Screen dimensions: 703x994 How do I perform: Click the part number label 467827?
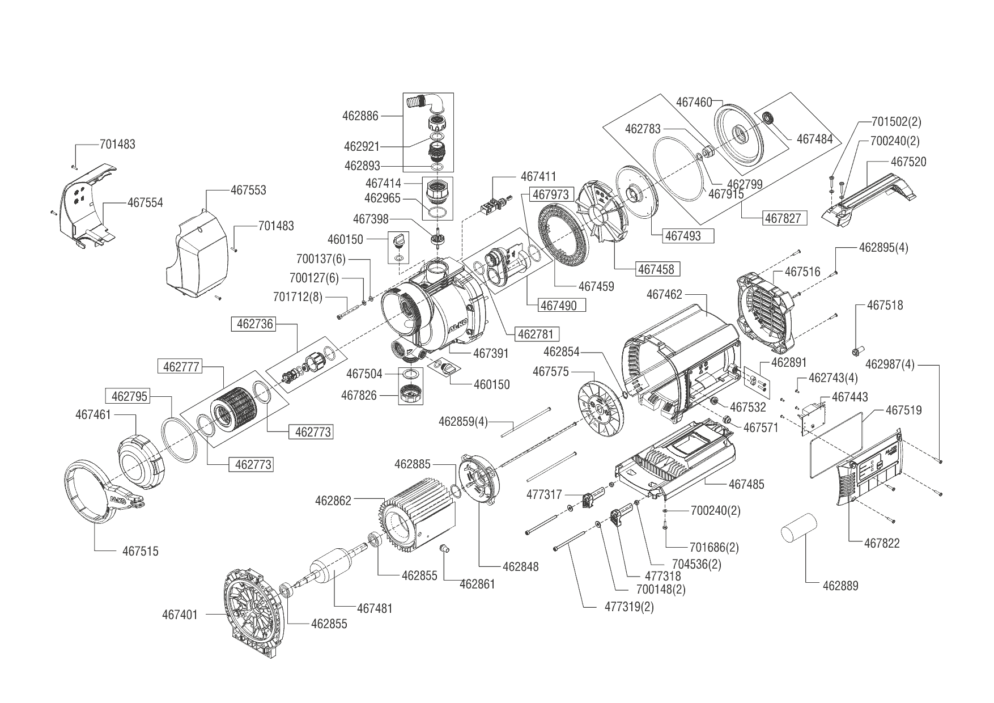coord(784,218)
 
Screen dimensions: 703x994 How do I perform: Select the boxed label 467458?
coord(657,269)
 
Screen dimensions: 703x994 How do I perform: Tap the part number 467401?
coord(180,614)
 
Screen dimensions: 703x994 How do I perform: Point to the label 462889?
coord(840,586)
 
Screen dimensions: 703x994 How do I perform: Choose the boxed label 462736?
coord(255,324)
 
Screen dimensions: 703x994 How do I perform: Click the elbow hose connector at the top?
coord(426,104)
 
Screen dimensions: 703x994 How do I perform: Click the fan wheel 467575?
coord(601,409)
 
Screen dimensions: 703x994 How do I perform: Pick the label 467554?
coord(145,202)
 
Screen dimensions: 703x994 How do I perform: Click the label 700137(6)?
coord(320,259)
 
